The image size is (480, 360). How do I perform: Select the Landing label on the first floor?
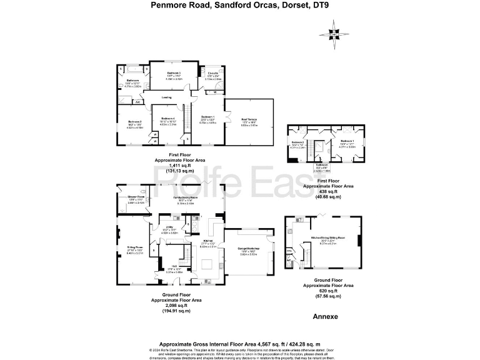click(x=166, y=97)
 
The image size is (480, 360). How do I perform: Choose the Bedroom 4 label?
click(x=167, y=119)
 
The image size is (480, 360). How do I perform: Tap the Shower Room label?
click(x=136, y=199)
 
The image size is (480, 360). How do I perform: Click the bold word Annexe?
click(x=325, y=317)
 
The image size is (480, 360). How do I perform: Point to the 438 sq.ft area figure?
click(x=323, y=191)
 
